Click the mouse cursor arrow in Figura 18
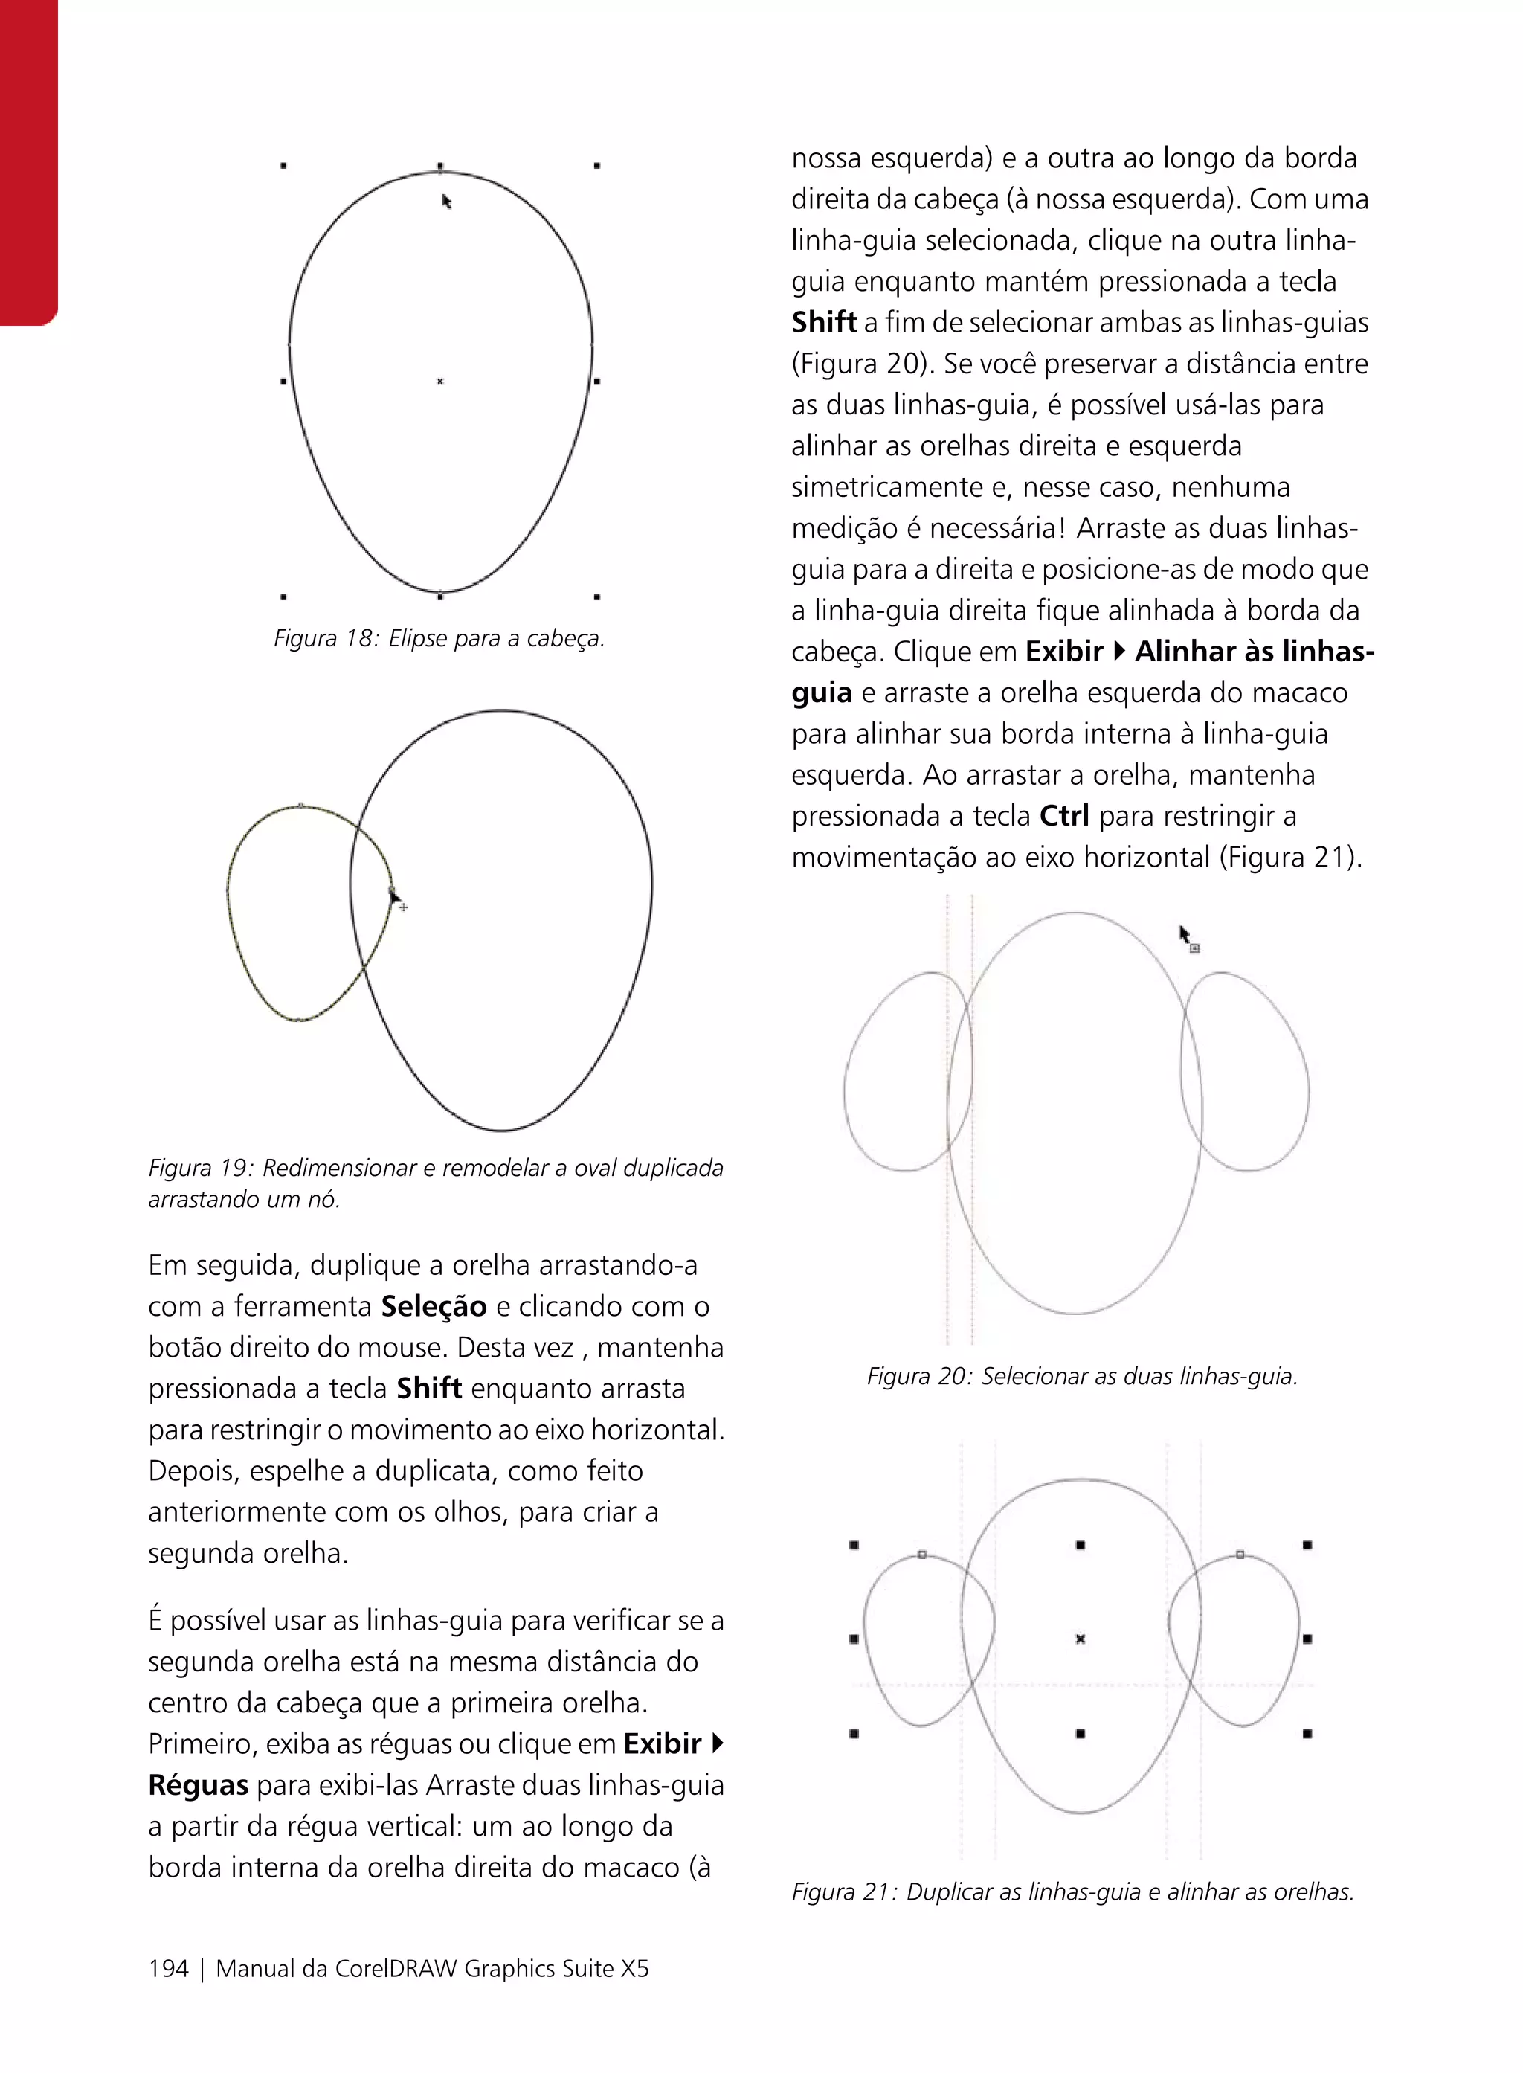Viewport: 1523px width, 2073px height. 446,201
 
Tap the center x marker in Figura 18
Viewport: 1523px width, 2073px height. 439,381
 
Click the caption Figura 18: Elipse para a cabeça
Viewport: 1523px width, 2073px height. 439,638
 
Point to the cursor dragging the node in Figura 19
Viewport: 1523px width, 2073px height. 395,896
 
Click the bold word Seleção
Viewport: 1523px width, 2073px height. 434,1306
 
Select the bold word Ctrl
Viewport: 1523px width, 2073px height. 1064,816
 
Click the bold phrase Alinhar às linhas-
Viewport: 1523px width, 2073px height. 1254,652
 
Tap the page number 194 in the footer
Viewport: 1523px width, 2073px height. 169,1969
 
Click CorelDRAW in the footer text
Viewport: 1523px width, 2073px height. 396,1969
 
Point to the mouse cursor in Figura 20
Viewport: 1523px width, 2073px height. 1185,934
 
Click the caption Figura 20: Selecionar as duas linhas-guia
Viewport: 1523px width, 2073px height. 1081,1377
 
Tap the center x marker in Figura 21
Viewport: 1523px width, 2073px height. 1081,1639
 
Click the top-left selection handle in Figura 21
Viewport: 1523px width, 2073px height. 854,1545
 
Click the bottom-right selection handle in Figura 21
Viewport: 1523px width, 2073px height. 1307,1734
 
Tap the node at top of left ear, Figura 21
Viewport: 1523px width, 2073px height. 922,1555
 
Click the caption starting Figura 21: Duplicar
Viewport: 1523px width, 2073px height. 1072,1892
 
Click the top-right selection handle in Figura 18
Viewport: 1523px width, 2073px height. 597,165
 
